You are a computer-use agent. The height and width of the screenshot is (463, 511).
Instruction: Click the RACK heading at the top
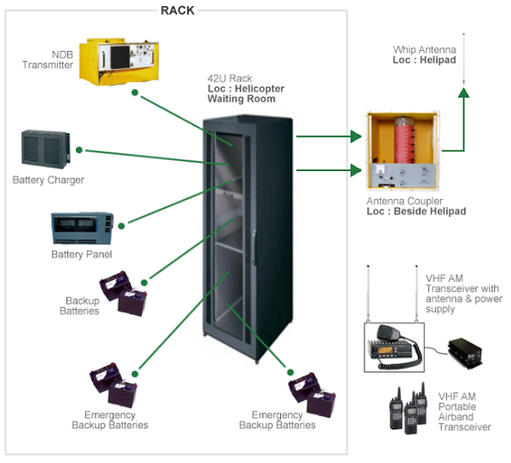tap(179, 9)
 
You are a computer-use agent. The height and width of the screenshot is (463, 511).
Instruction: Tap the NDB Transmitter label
tap(49, 60)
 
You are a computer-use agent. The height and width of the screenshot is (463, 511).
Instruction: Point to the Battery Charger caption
tap(49, 180)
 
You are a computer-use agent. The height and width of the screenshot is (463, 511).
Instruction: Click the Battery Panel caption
tap(82, 254)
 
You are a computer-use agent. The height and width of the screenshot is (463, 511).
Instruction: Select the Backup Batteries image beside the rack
tap(124, 294)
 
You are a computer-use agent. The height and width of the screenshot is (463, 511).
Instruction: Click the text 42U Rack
tap(227, 78)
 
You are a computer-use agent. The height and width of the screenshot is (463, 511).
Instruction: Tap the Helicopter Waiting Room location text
tap(245, 94)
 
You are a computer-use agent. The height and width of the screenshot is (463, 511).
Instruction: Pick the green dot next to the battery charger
tap(78, 150)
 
